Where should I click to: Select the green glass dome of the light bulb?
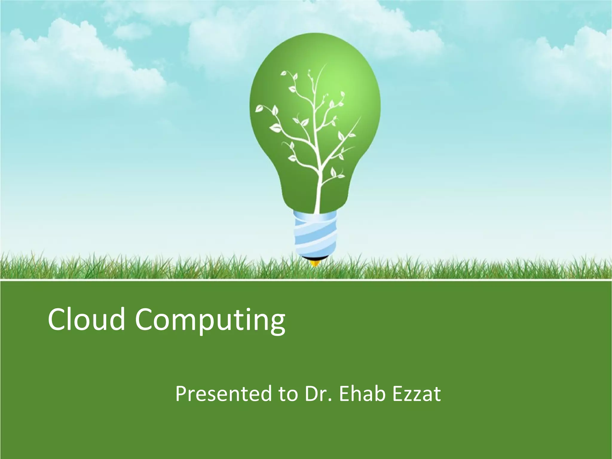coord(278,90)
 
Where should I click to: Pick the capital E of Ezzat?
coord(397,394)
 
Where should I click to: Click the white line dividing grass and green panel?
coord(306,281)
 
